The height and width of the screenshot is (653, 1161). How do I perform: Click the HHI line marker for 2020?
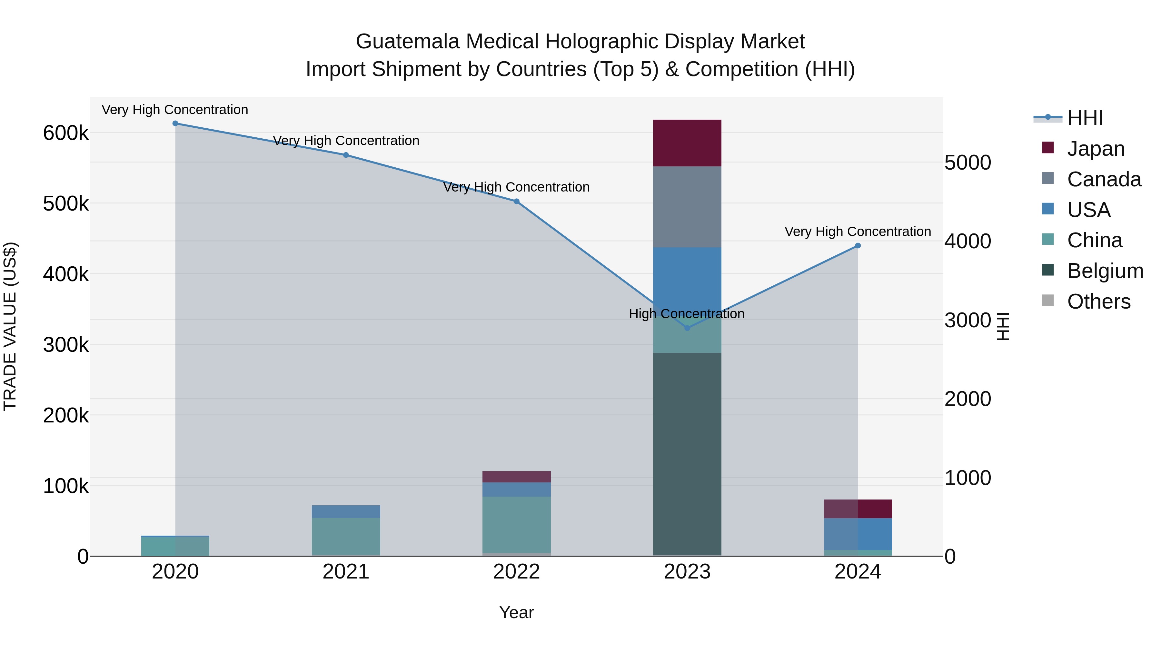[x=175, y=124]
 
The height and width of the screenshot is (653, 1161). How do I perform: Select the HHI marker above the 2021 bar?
[x=346, y=155]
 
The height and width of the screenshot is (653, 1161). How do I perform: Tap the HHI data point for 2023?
[x=687, y=328]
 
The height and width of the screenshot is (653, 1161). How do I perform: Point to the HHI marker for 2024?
[x=858, y=246]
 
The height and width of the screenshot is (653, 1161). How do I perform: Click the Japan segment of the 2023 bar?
[x=687, y=143]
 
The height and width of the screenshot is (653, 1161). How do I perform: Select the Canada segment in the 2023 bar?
[x=687, y=207]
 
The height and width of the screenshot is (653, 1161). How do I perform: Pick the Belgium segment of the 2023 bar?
[x=687, y=453]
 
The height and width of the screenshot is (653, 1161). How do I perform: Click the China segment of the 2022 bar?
[x=517, y=525]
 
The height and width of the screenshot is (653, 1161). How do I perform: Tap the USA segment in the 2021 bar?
[x=346, y=511]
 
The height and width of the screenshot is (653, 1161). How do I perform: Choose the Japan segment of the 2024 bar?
[x=858, y=509]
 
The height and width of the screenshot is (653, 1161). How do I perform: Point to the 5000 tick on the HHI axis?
[x=967, y=163]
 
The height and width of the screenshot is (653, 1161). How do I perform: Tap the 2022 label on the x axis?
[x=517, y=572]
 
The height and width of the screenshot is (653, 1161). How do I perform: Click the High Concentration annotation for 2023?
[x=686, y=314]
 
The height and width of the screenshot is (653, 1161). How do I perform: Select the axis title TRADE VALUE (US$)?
[x=10, y=326]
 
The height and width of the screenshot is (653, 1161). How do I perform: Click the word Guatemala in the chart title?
[x=408, y=42]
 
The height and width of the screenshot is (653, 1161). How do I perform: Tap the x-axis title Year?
[x=517, y=612]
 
